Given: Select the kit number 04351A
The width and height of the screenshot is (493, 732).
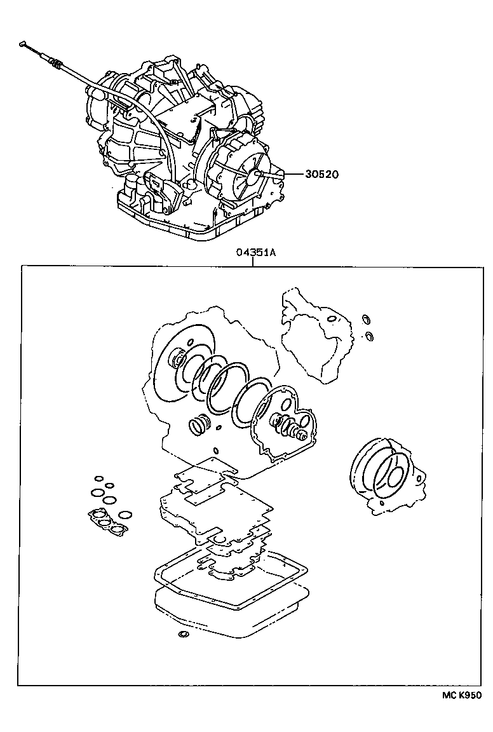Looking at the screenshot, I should [x=256, y=252].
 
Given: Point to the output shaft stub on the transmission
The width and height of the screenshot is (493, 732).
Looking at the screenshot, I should [x=261, y=173].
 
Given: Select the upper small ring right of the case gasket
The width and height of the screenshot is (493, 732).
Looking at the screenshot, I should [x=365, y=320].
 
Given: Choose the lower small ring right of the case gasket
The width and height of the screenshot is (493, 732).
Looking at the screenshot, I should [x=370, y=335].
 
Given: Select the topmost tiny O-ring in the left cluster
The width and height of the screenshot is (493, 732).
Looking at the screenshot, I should [x=98, y=478].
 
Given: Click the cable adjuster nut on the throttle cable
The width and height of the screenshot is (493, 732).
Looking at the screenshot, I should [x=57, y=64].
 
